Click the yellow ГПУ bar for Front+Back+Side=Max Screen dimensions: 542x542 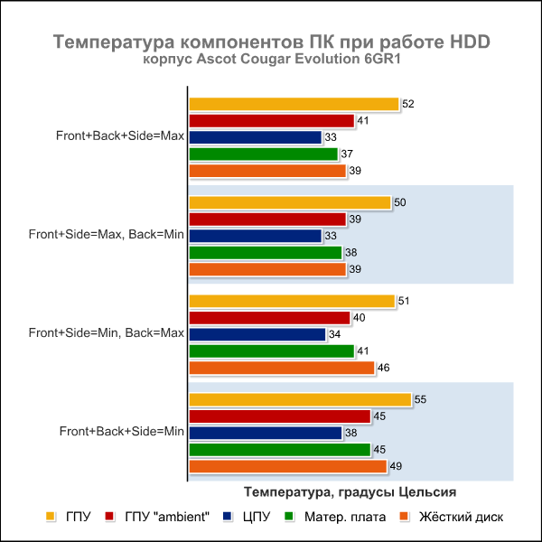point(294,104)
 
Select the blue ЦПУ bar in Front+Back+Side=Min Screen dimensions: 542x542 point(265,433)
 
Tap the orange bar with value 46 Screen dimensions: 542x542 point(281,368)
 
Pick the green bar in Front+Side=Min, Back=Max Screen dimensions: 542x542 point(271,350)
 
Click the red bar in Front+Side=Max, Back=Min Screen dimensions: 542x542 point(267,220)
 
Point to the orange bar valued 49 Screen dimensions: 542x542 point(287,466)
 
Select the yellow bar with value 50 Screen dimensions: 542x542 point(289,202)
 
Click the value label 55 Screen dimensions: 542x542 point(422,399)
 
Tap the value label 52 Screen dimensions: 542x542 point(408,104)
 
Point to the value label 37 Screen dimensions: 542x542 point(347,154)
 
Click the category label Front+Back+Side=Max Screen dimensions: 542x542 point(119,136)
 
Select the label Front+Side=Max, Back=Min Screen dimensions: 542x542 point(106,235)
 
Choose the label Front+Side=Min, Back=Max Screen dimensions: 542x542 point(106,333)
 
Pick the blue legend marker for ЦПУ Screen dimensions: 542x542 point(228,517)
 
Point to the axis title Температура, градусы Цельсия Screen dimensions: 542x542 point(350,491)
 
